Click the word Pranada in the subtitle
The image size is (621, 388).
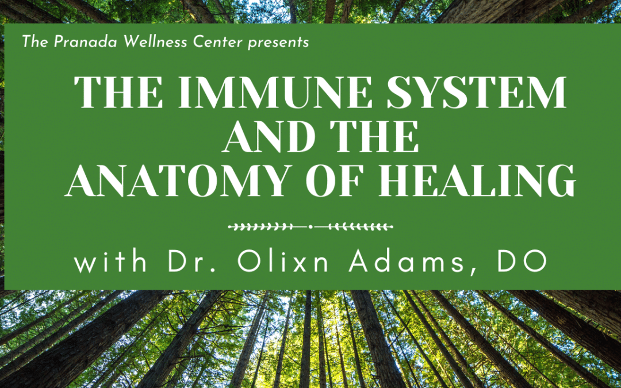86,42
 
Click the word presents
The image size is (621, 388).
278,43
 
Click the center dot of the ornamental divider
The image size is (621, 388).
310,227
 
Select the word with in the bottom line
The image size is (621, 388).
111,262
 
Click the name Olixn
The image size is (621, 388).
283,262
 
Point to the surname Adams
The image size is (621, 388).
406,262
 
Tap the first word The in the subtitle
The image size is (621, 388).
35,42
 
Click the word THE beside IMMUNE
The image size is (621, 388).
118,92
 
